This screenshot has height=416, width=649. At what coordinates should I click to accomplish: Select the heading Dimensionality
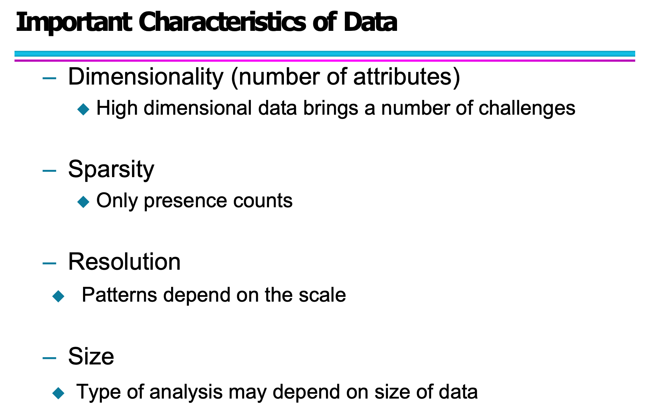pos(146,77)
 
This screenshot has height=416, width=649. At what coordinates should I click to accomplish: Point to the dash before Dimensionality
pos(49,78)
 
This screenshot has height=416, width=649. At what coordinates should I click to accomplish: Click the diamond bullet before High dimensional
pos(83,109)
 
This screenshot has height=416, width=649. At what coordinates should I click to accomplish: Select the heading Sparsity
pos(111,169)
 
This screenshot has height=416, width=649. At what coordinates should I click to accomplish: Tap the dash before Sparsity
pos(49,170)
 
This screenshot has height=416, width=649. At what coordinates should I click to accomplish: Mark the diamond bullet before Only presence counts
pos(83,202)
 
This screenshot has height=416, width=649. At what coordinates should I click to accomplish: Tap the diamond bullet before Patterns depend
pos(58,296)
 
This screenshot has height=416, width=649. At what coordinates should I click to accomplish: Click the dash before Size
pos(49,358)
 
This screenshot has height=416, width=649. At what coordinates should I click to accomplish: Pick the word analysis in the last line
pos(186,392)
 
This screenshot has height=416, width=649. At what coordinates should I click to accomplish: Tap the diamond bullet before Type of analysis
pos(58,393)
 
